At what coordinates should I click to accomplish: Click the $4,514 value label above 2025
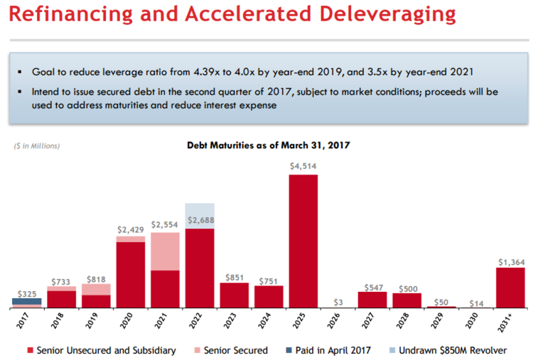coord(303,166)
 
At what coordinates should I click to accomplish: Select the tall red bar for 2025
coord(303,241)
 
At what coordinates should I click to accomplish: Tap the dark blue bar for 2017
coord(27,301)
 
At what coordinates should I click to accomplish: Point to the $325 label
coord(27,293)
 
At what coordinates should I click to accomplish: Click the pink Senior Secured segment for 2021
coord(165,251)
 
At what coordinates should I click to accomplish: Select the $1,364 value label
coord(511,262)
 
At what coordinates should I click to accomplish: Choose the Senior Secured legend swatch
coord(194,350)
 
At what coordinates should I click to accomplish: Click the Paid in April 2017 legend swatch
coord(286,350)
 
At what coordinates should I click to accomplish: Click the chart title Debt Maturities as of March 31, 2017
coord(269,145)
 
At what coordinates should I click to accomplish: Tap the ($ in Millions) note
coord(38,146)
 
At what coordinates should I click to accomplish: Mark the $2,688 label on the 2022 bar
coord(200,221)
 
